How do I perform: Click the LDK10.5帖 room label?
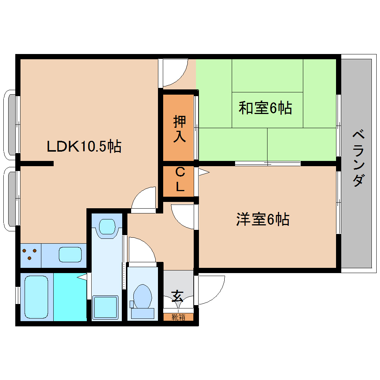click(x=84, y=146)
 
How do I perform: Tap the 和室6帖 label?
click(x=265, y=108)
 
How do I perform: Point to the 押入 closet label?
click(x=179, y=129)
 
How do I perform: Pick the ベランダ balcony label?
click(x=357, y=158)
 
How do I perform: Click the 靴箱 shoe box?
click(x=178, y=317)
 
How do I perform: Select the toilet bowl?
click(x=143, y=296)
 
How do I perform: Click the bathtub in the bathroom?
click(x=36, y=297)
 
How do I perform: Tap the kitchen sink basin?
click(x=70, y=255)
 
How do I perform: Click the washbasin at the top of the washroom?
click(x=108, y=225)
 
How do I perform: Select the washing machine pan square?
click(x=105, y=307)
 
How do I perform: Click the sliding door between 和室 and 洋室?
click(x=267, y=163)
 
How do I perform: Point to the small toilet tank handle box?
click(x=132, y=304)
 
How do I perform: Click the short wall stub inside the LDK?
click(x=37, y=163)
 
